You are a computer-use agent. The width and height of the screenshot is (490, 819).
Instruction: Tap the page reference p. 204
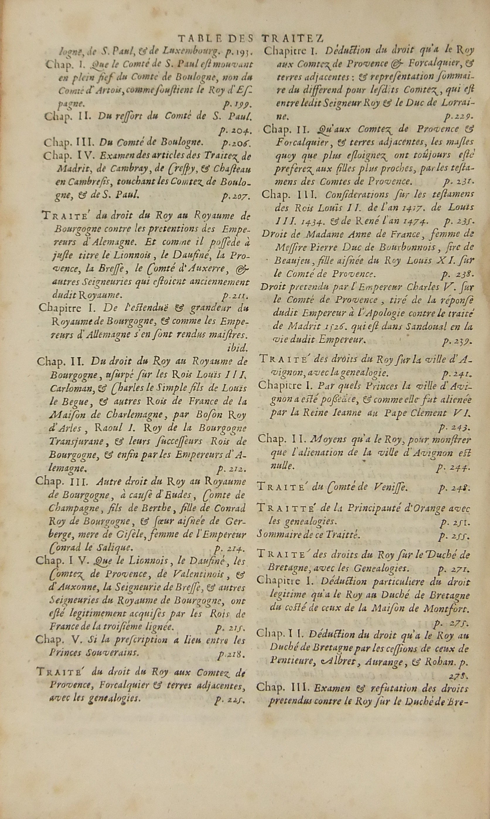point(235,131)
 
